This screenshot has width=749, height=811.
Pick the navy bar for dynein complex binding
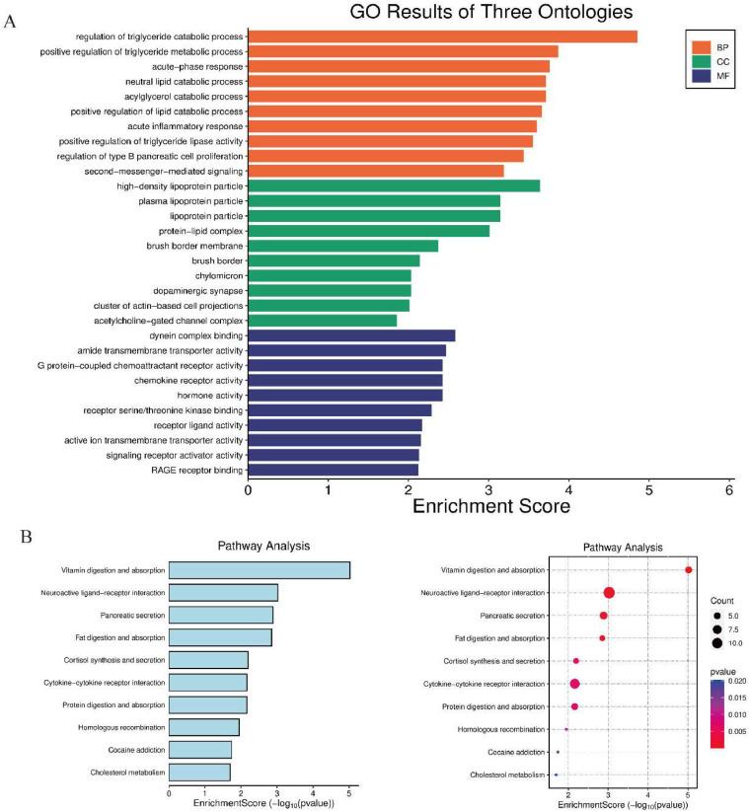(350, 335)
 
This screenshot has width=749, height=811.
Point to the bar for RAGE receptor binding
(333, 470)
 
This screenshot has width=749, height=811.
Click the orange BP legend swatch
(702, 46)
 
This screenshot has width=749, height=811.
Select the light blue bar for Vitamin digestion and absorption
(259, 570)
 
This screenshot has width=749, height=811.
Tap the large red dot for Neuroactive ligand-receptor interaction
(609, 593)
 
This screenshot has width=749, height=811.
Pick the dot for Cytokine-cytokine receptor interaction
(574, 684)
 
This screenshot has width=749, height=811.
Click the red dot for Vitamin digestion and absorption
(688, 570)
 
